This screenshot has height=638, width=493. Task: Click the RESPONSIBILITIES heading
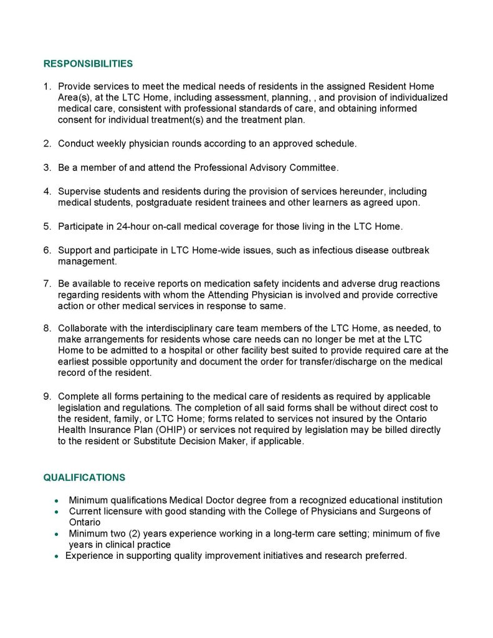(x=88, y=64)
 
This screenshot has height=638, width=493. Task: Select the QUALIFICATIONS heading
(x=84, y=478)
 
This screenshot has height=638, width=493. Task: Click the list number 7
(x=47, y=284)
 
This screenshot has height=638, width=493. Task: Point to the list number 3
(x=47, y=168)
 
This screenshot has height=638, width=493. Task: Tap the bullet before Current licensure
(x=57, y=512)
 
